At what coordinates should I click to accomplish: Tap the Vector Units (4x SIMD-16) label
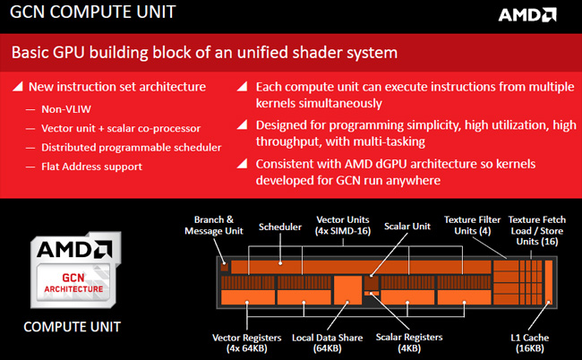(349, 225)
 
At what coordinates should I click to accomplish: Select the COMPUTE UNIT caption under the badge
(72, 326)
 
